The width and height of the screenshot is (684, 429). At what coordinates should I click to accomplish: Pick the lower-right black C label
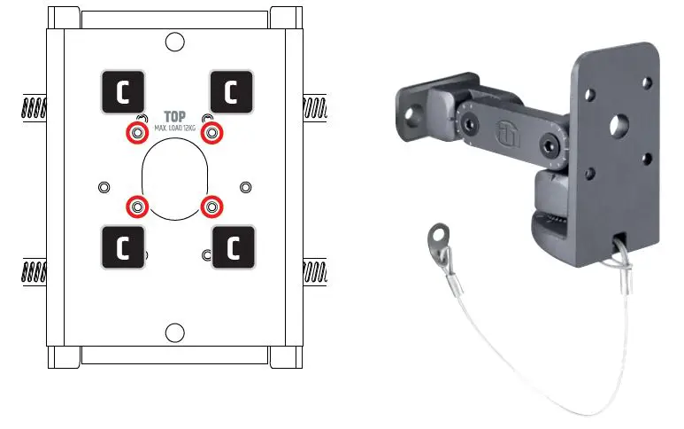coord(232,247)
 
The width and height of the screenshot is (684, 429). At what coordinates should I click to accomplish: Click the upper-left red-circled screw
coord(136,133)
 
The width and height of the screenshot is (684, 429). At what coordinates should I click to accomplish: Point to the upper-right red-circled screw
coord(211,133)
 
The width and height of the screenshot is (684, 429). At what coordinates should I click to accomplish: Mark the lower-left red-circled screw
coord(136,207)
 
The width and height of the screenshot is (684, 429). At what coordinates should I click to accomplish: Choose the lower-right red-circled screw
coord(211,207)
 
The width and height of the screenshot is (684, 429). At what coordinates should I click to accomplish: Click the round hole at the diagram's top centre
coord(175,41)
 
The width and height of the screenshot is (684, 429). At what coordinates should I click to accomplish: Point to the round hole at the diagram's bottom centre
coord(175,332)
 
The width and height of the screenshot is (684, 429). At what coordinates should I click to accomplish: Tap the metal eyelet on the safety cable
coord(434,238)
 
